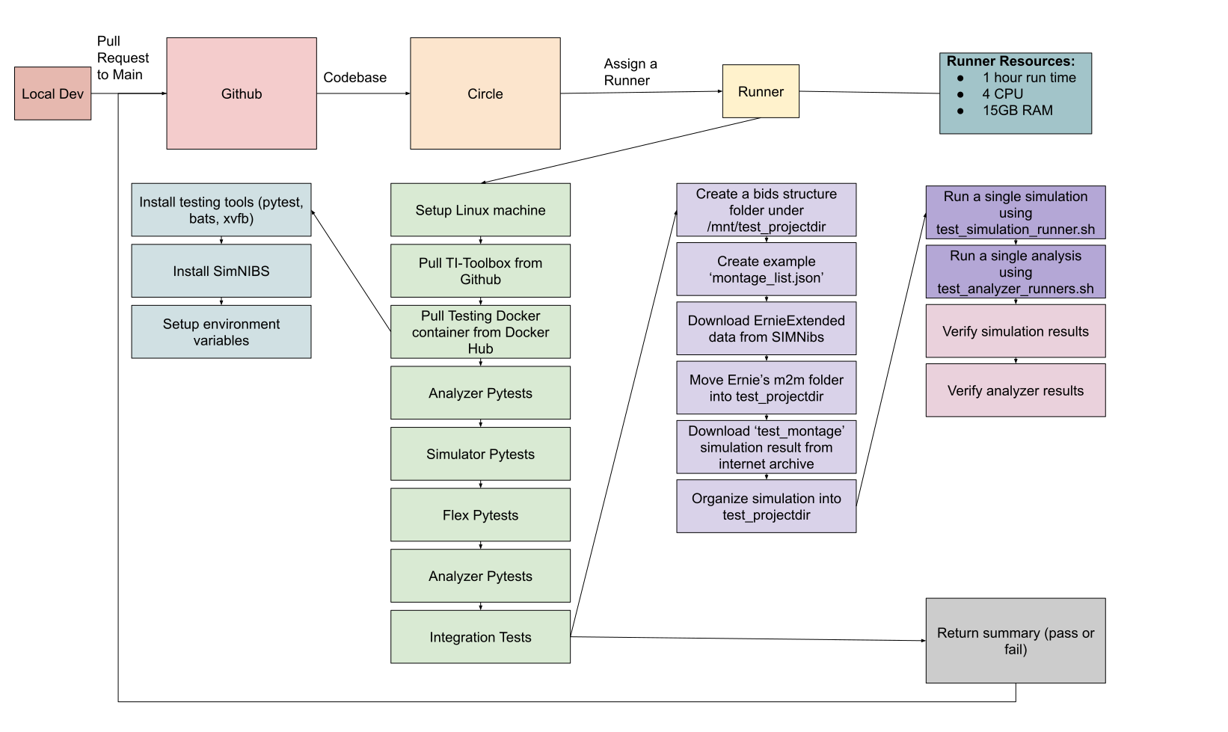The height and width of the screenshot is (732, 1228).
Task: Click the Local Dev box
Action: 52,93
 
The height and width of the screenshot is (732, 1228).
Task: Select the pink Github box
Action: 241,93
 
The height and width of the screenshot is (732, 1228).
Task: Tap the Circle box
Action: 485,93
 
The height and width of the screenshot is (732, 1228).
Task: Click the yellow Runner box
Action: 761,91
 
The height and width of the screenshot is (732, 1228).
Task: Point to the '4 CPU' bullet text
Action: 1002,93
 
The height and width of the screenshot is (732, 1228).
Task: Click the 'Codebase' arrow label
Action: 354,77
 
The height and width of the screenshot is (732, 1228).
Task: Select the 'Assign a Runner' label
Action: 630,72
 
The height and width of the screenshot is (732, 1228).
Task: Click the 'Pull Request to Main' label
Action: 123,58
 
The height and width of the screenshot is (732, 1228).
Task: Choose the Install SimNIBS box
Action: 221,271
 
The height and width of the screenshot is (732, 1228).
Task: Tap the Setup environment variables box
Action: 221,331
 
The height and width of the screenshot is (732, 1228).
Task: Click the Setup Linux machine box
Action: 480,210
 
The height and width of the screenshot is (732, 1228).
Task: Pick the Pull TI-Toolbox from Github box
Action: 480,271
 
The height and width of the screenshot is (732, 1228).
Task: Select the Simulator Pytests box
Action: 480,454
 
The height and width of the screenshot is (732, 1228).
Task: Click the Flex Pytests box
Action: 480,514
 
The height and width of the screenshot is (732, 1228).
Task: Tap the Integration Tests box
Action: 480,637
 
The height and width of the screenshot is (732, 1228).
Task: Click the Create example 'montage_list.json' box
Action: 766,269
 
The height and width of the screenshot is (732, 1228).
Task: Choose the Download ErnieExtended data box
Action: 766,328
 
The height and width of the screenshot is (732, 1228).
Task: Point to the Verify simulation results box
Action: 1015,330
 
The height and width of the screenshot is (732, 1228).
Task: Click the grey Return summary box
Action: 1015,640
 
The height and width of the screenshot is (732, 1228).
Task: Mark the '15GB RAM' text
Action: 1017,110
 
